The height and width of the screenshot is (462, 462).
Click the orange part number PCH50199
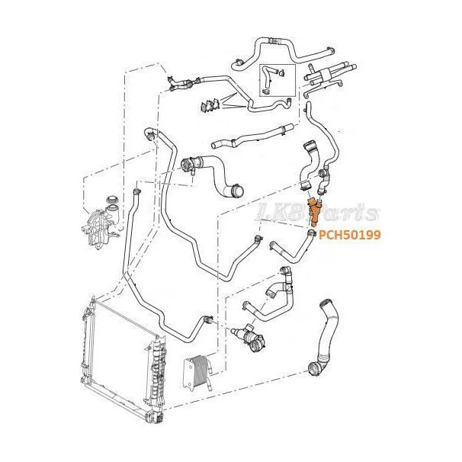point(350,235)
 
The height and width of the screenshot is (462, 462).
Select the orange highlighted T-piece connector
point(313,211)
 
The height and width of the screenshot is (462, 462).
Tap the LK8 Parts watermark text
point(317,212)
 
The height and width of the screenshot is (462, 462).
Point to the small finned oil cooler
point(197,372)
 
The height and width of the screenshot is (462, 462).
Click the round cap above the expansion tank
point(112,199)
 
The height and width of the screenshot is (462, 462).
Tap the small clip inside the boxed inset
point(281,72)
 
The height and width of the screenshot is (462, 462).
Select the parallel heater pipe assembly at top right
point(329,78)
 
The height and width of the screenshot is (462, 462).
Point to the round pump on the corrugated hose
point(187,165)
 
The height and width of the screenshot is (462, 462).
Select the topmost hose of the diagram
point(284,53)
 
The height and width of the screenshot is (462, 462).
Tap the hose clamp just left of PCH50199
point(310,233)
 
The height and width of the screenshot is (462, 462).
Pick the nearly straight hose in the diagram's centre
point(252,136)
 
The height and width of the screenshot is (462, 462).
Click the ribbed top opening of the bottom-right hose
point(326,303)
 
